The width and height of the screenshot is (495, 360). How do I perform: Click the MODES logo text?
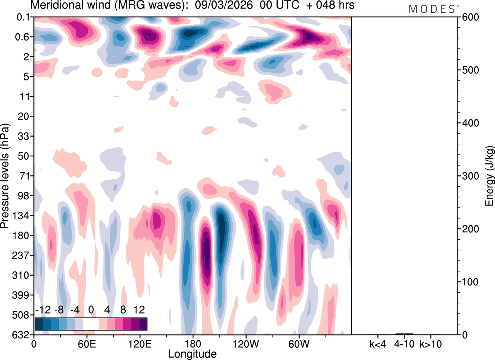coord(432,9)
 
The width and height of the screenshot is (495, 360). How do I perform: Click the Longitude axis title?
coord(192,353)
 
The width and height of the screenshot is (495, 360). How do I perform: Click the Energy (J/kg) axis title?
coord(490,176)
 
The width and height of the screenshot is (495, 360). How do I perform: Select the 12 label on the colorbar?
coord(139,310)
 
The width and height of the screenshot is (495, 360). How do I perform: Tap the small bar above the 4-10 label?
coord(404,334)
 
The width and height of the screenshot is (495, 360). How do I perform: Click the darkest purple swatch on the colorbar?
coord(143,324)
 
